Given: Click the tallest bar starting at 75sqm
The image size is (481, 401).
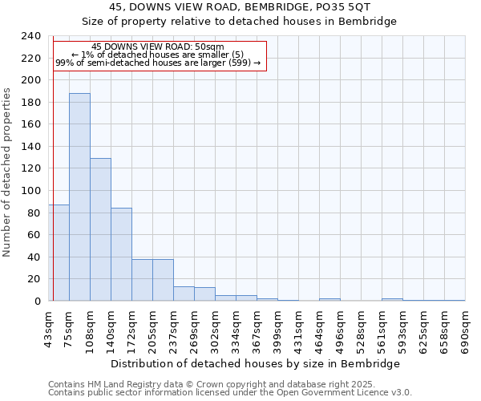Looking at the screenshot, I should tap(79, 196).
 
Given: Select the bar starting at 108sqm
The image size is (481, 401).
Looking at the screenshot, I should tap(100, 229).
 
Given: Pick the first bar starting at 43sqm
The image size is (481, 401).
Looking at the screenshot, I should tap(60, 253).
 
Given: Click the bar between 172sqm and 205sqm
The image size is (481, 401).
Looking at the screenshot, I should tap(142, 280).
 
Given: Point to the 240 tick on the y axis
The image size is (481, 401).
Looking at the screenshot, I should tap(31, 36).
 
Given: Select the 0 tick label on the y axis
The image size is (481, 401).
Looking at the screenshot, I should tap(38, 302).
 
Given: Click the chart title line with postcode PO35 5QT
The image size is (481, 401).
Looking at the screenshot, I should tap(240, 7).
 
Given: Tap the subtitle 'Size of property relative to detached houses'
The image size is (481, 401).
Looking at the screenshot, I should tap(240, 21).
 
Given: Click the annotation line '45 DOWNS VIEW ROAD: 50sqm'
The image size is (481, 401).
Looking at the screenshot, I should tap(158, 47).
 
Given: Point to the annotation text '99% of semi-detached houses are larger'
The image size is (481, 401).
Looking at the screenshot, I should tap(158, 63).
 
